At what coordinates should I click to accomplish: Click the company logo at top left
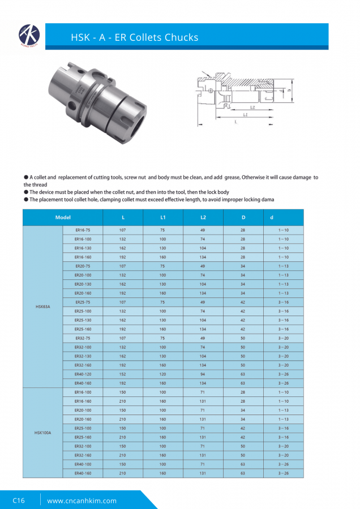coord(28,35)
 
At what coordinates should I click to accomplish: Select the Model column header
coord(63,218)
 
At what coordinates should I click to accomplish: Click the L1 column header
coord(163,218)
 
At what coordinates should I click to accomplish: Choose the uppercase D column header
coord(243,218)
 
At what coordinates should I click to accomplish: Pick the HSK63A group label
coord(43,307)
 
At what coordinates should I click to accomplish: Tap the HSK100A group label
coord(43,432)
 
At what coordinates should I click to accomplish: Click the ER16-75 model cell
coord(83,230)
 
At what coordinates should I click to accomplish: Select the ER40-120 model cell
coord(83,374)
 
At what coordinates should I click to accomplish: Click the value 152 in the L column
coord(123,374)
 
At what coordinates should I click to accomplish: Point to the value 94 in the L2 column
coord(203,374)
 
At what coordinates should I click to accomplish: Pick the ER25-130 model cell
coord(83,320)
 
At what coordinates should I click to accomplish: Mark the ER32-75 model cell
coord(83,338)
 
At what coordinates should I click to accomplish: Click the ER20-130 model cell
coord(83,284)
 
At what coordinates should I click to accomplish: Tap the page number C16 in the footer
coord(19,501)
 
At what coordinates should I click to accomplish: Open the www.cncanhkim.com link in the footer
coord(82,501)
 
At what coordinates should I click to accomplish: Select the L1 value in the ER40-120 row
coord(163,374)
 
